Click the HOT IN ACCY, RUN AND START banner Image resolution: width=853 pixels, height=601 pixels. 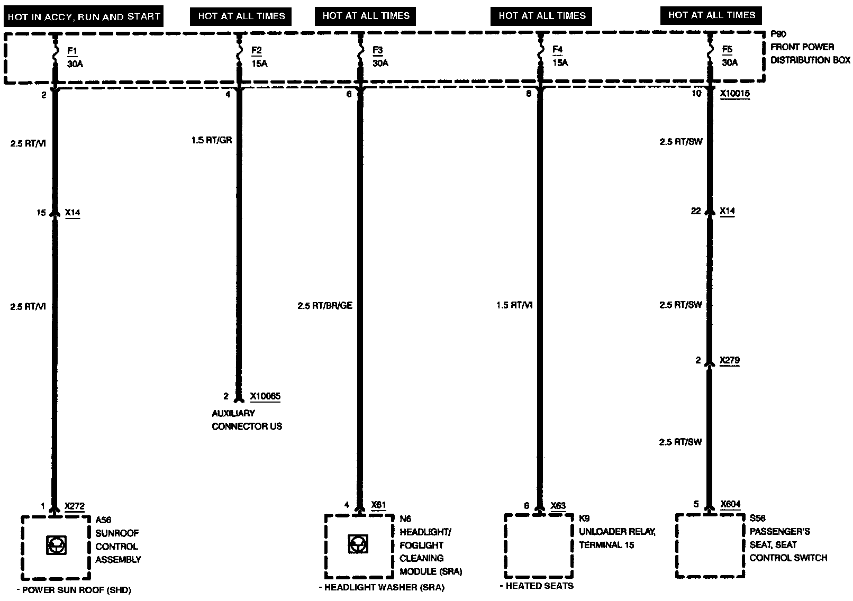click(x=83, y=17)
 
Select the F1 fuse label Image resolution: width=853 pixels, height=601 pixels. click(x=72, y=51)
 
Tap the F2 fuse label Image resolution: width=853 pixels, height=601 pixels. click(x=256, y=51)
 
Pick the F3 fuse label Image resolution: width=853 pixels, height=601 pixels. click(x=377, y=51)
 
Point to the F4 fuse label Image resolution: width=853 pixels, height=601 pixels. click(x=557, y=50)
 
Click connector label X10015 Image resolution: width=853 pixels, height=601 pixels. click(x=734, y=94)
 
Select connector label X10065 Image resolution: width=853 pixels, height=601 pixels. click(x=265, y=396)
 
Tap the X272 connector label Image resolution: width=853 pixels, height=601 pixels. click(x=75, y=506)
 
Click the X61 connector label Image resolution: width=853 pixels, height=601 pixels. click(x=378, y=505)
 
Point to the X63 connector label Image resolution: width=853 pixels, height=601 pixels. click(x=558, y=506)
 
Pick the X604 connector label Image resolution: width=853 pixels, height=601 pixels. click(x=730, y=505)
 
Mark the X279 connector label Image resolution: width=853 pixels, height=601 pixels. click(x=730, y=361)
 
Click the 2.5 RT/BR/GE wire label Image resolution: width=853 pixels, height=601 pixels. click(x=324, y=306)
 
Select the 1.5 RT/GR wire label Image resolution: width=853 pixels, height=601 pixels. click(x=211, y=140)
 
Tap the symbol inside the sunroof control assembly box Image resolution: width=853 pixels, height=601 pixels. click(x=56, y=545)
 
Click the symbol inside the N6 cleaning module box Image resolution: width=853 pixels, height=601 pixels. click(x=358, y=544)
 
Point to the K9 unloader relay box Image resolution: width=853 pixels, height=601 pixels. click(x=538, y=546)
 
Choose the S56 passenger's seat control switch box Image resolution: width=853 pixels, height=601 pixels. click(x=710, y=545)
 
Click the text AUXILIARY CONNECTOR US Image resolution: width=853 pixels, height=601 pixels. click(x=247, y=420)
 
